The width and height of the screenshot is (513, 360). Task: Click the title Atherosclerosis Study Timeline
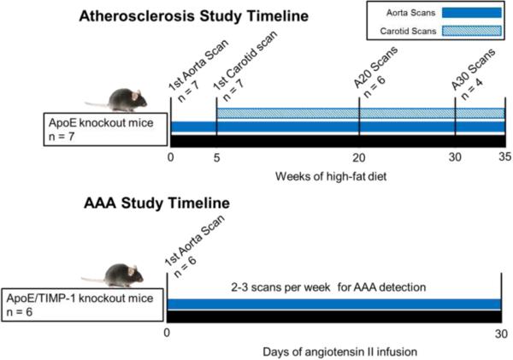194,16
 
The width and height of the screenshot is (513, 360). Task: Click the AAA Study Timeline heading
156,203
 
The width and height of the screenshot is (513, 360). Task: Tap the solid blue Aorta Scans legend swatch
471,13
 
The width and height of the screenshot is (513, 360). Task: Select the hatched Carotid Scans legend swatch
471,31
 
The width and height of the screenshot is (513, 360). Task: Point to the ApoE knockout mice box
105,129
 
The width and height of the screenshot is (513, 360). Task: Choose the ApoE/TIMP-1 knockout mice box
82,305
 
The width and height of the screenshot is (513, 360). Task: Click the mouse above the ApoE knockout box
117,99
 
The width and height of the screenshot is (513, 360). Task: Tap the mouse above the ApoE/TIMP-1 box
113,274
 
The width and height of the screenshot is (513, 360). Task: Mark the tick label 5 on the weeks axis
216,157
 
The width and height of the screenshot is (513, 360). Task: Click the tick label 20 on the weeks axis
359,157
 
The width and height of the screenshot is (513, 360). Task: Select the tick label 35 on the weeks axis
504,157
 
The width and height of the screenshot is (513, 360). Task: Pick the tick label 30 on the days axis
501,333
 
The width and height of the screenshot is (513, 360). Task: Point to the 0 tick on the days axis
167,333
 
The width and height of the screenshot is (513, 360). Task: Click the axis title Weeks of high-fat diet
331,176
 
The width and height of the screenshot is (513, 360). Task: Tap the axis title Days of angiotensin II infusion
340,351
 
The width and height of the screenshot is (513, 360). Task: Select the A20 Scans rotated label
375,67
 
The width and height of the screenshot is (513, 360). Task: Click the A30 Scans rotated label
473,69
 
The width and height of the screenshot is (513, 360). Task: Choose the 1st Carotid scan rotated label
245,61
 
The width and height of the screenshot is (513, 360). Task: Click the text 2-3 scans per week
280,287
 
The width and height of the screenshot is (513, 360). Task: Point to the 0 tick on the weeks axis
170,157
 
